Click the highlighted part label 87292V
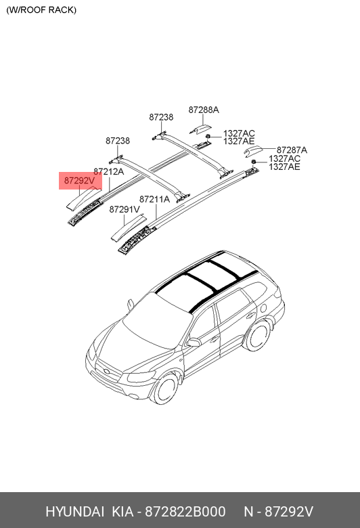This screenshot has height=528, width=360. [79, 181]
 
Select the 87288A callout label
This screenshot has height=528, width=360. [204, 110]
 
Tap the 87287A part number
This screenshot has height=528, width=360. [292, 150]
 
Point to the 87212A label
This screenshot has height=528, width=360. [108, 172]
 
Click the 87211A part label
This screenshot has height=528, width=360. [154, 199]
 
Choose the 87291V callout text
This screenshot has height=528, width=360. [125, 209]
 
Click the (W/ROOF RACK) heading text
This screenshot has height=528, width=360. [41, 9]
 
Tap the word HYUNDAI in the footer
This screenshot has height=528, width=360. [74, 512]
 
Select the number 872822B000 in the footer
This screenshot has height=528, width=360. [185, 512]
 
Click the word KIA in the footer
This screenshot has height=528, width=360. [122, 512]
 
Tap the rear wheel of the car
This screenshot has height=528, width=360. [258, 335]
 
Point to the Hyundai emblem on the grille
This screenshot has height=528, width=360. [107, 372]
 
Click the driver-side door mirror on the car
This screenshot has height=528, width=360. [194, 343]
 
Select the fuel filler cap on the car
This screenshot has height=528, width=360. [264, 308]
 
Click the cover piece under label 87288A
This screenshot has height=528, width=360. [200, 129]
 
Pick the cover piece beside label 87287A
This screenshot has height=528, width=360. [253, 151]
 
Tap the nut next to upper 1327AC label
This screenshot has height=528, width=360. [208, 136]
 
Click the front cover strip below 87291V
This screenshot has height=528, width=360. [129, 228]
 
